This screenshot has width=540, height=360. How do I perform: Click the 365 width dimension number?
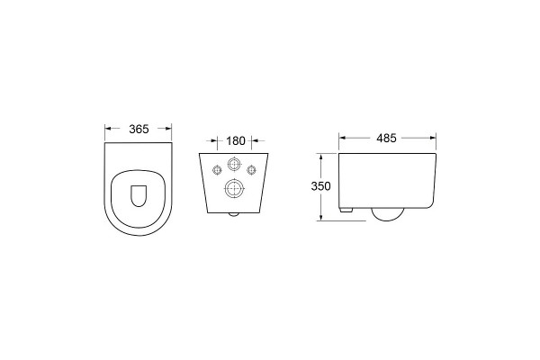pos(139,130)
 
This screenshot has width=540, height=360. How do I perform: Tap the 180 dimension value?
pos(236,141)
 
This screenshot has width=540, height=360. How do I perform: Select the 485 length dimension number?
pos(386,138)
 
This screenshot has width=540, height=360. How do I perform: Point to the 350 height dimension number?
pos(320,186)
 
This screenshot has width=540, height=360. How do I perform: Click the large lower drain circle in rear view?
pos(234,188)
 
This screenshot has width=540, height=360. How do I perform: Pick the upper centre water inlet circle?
pos(234,164)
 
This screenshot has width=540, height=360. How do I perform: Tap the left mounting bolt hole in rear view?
pos(217,170)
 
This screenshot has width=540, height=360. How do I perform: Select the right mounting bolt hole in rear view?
pos(251,170)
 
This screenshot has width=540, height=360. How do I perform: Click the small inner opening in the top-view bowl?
pos(139,196)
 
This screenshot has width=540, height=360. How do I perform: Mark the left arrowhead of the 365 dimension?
pos(108,129)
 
